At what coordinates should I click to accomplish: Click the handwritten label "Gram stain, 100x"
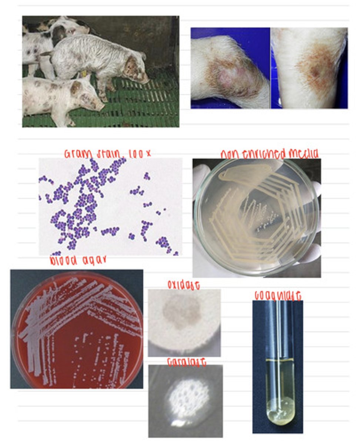[107, 154]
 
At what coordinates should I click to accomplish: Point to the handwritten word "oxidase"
[184, 285]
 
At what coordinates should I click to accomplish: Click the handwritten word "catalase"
[186, 362]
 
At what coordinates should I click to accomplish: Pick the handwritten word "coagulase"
[277, 296]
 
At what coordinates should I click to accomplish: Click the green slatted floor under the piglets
[148, 111]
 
